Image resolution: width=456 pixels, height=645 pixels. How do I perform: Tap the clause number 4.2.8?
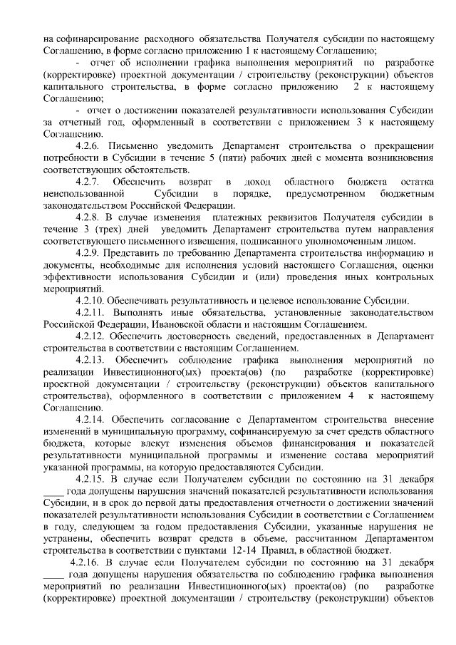pyautogui.click(x=89, y=217)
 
